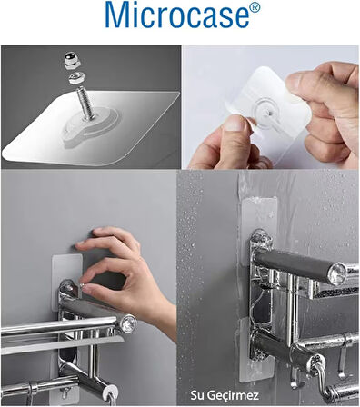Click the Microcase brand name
pos(177,15)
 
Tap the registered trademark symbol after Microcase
pos(255,8)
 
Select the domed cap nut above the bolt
pos(72,60)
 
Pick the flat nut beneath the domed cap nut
pos(76,77)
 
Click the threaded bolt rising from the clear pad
pos(85,103)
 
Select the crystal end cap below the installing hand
pos(129,323)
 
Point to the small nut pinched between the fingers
pos(82,286)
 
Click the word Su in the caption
pos(196,395)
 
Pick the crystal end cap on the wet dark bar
pos(338,274)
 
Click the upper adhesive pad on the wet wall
pos(259,216)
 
